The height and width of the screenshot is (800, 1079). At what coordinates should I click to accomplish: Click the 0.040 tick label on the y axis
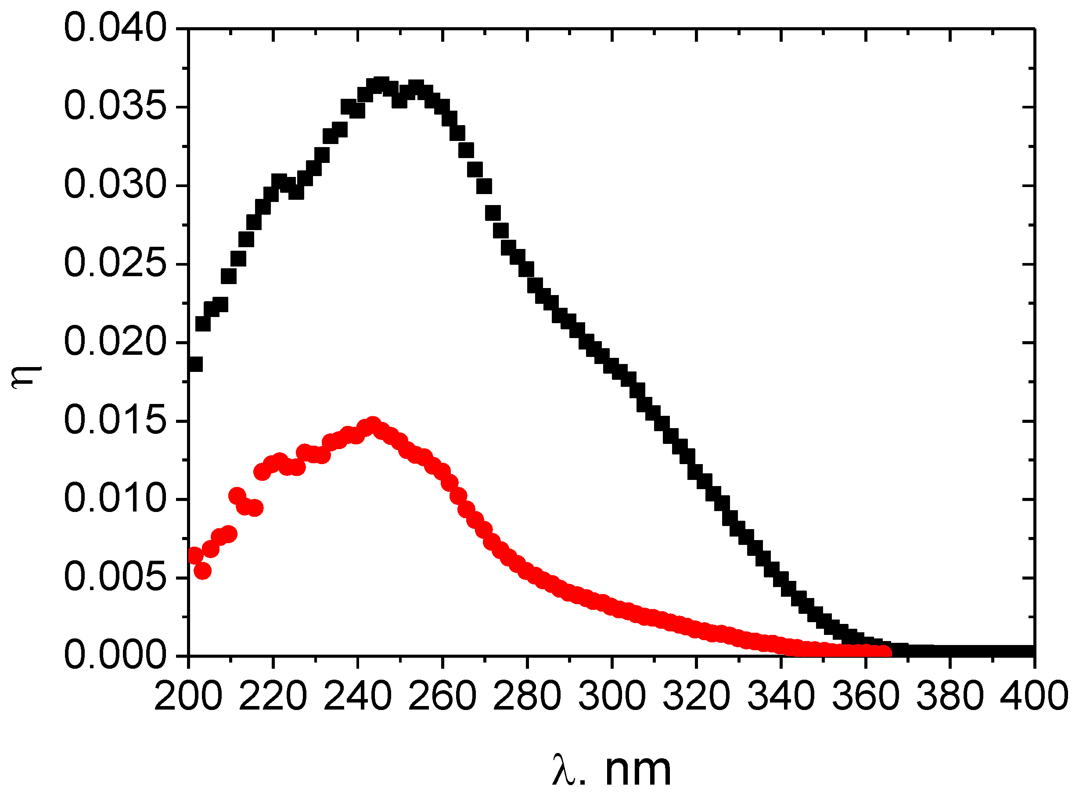[x=115, y=29]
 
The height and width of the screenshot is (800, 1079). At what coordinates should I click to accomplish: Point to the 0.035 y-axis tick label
[x=115, y=107]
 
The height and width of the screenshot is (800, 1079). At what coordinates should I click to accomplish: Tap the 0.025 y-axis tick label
[x=115, y=264]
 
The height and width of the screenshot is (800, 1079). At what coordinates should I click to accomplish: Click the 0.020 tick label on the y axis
[x=115, y=343]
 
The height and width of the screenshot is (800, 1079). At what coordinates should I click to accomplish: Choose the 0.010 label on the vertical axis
[x=115, y=499]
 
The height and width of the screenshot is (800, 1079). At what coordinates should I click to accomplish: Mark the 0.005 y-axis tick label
[x=115, y=578]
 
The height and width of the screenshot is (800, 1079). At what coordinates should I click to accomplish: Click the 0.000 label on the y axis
[x=115, y=656]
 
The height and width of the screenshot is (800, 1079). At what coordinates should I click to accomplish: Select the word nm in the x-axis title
[x=638, y=770]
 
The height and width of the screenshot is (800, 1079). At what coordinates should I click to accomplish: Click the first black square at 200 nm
[x=195, y=364]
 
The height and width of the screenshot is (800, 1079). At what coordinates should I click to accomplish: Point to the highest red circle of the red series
[x=372, y=425]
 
